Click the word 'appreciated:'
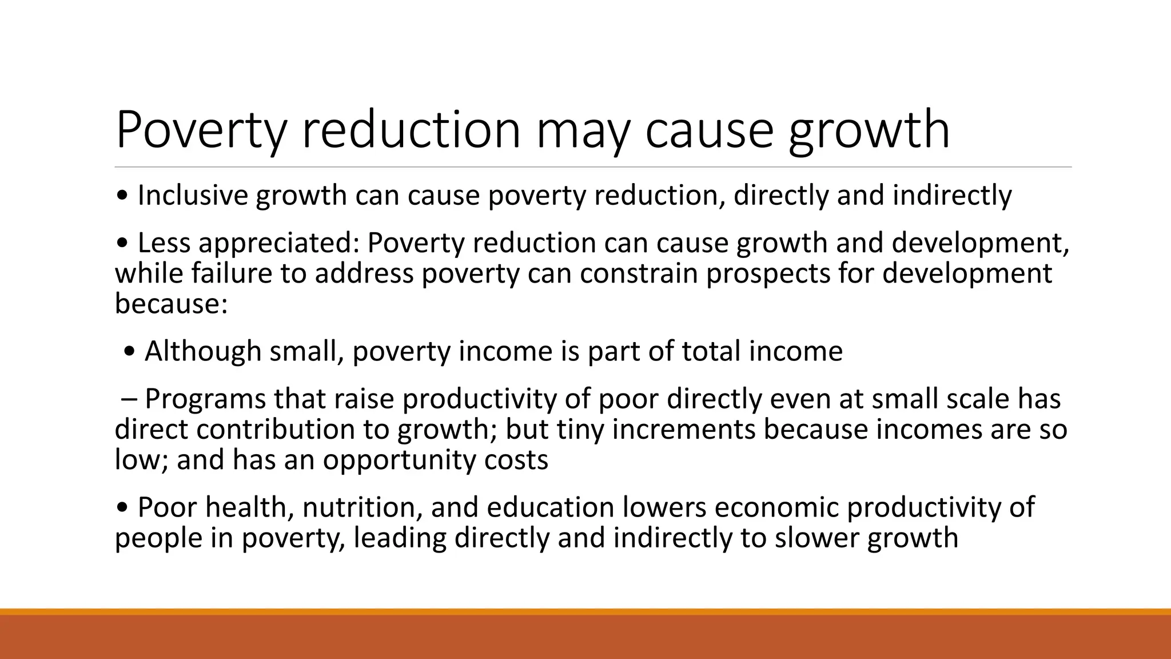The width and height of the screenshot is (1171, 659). [278, 244]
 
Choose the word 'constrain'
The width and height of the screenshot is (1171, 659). [639, 273]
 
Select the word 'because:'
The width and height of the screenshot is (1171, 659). [171, 303]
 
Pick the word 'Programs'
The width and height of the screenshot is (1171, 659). [205, 399]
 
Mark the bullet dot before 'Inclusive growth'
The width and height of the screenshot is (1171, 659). [122, 196]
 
